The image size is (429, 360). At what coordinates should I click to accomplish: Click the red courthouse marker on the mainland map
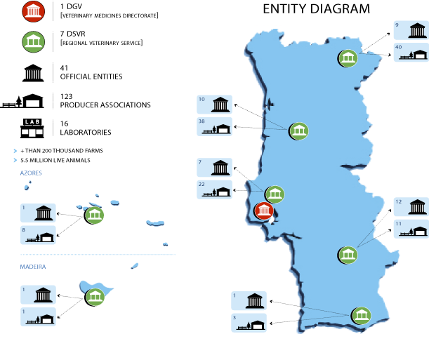[x=264, y=211]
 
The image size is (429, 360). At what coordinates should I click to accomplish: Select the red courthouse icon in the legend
[x=33, y=11]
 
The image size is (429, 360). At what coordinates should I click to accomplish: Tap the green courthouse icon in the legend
[x=33, y=42]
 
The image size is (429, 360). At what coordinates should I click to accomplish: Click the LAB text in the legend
[x=32, y=122]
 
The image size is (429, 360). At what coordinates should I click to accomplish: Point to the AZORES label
[x=31, y=173]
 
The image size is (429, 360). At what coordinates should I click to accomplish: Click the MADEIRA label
[x=33, y=267]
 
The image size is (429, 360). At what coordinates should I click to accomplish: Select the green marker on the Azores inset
[x=94, y=215]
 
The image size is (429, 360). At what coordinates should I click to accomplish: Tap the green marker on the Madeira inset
[x=95, y=297]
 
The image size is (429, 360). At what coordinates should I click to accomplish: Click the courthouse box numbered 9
[x=411, y=30]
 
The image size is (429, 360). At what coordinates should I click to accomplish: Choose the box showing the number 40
[x=411, y=53]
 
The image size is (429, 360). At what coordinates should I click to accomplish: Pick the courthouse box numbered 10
[x=214, y=105]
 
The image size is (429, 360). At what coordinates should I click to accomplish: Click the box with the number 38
[x=214, y=127]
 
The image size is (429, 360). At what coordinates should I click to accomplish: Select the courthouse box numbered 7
[x=214, y=167]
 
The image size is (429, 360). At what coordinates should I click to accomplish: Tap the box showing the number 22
[x=214, y=189]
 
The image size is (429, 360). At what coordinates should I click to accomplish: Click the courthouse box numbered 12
[x=411, y=206]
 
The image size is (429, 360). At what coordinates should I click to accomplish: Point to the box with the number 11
[x=411, y=229]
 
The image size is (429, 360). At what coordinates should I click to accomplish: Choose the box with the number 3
[x=249, y=323]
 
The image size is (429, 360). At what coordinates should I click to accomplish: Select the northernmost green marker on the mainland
[x=348, y=58]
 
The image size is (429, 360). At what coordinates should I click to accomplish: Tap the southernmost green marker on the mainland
[x=361, y=316]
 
